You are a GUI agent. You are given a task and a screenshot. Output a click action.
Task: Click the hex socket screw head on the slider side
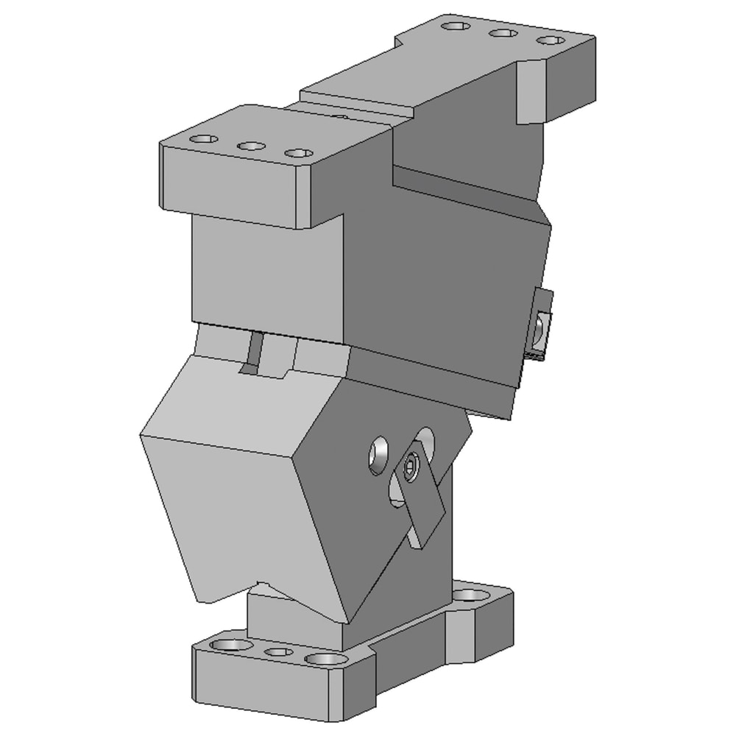click(x=410, y=465)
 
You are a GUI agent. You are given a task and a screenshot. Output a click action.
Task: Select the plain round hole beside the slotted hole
click(x=379, y=454)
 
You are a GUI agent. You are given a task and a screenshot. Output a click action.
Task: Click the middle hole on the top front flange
click(x=251, y=146)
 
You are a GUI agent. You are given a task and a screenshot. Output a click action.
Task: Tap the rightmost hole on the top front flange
click(x=298, y=153)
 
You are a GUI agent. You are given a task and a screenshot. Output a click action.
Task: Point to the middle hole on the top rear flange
click(x=503, y=33)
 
